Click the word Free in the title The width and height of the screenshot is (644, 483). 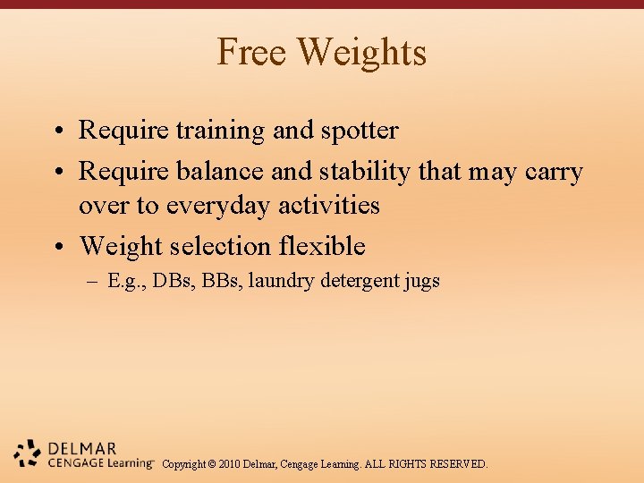tap(252, 52)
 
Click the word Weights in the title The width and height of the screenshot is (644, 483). tap(362, 52)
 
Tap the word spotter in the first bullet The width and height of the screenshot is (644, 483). tap(358, 131)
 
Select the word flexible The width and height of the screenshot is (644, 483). tap(322, 246)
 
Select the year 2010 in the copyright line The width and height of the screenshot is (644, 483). tap(232, 464)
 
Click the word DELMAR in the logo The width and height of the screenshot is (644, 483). tap(83, 448)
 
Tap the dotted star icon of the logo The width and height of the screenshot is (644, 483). tap(27, 453)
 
